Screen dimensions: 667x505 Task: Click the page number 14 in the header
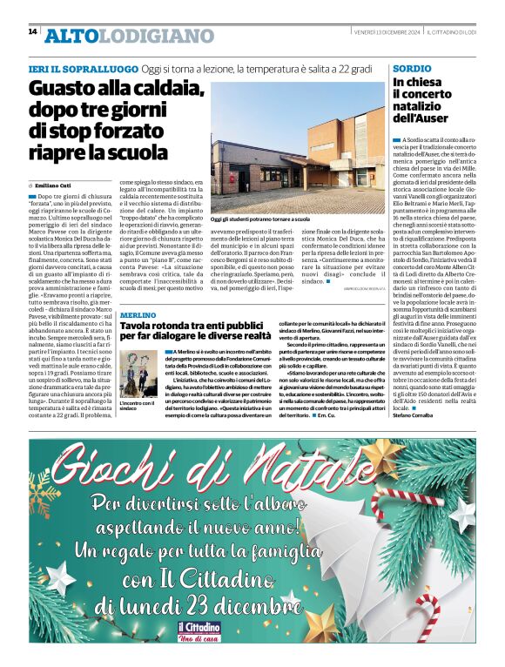click(x=32, y=31)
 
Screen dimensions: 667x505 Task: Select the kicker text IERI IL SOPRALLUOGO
click(x=83, y=68)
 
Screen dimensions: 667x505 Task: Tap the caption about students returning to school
click(x=260, y=220)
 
